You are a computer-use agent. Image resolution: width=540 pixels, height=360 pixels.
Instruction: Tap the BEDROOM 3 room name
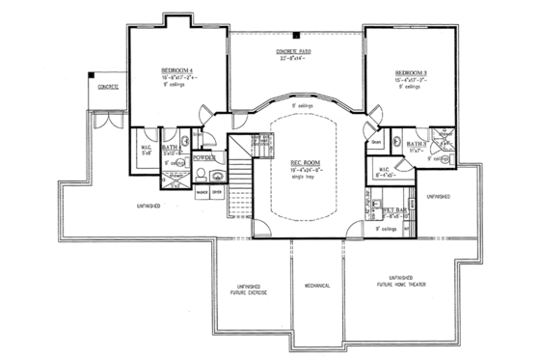pos(411,72)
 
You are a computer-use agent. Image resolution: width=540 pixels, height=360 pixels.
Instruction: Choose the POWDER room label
pos(203,156)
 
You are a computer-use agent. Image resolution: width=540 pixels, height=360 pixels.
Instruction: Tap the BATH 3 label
pos(417,143)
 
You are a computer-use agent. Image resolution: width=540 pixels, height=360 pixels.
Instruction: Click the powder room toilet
pos(197,175)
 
